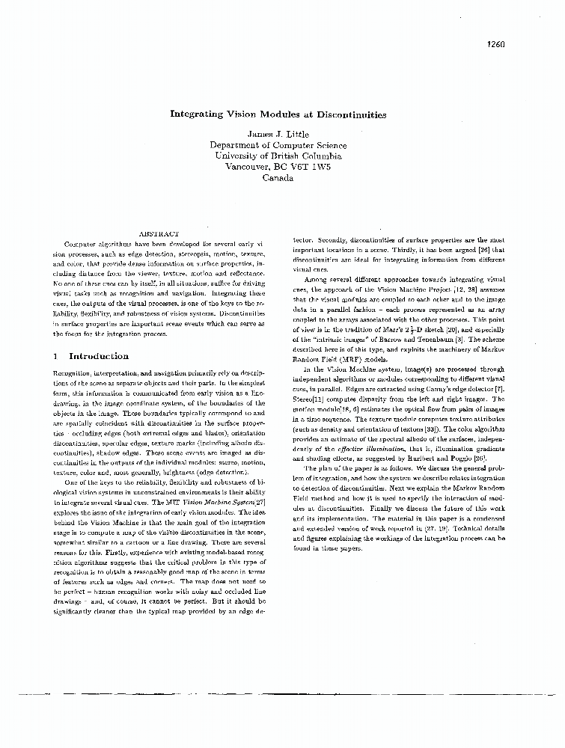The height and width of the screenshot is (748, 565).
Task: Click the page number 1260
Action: click(x=497, y=43)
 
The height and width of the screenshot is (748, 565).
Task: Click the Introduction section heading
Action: click(x=98, y=356)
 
